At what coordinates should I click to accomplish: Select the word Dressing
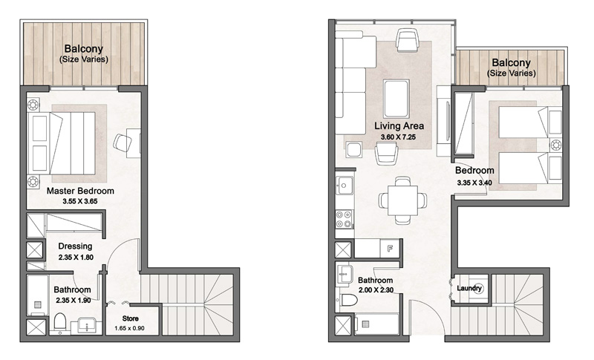tap(74, 246)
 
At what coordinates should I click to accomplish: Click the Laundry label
tap(470, 288)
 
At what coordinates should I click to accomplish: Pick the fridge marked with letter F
tap(390, 249)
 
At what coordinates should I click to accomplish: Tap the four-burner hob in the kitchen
tap(345, 219)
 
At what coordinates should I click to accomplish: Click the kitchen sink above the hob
tap(344, 186)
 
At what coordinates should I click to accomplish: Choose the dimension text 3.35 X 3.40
tap(475, 181)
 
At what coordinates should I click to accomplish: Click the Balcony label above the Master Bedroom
tap(83, 50)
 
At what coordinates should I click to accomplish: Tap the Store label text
tap(121, 319)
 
